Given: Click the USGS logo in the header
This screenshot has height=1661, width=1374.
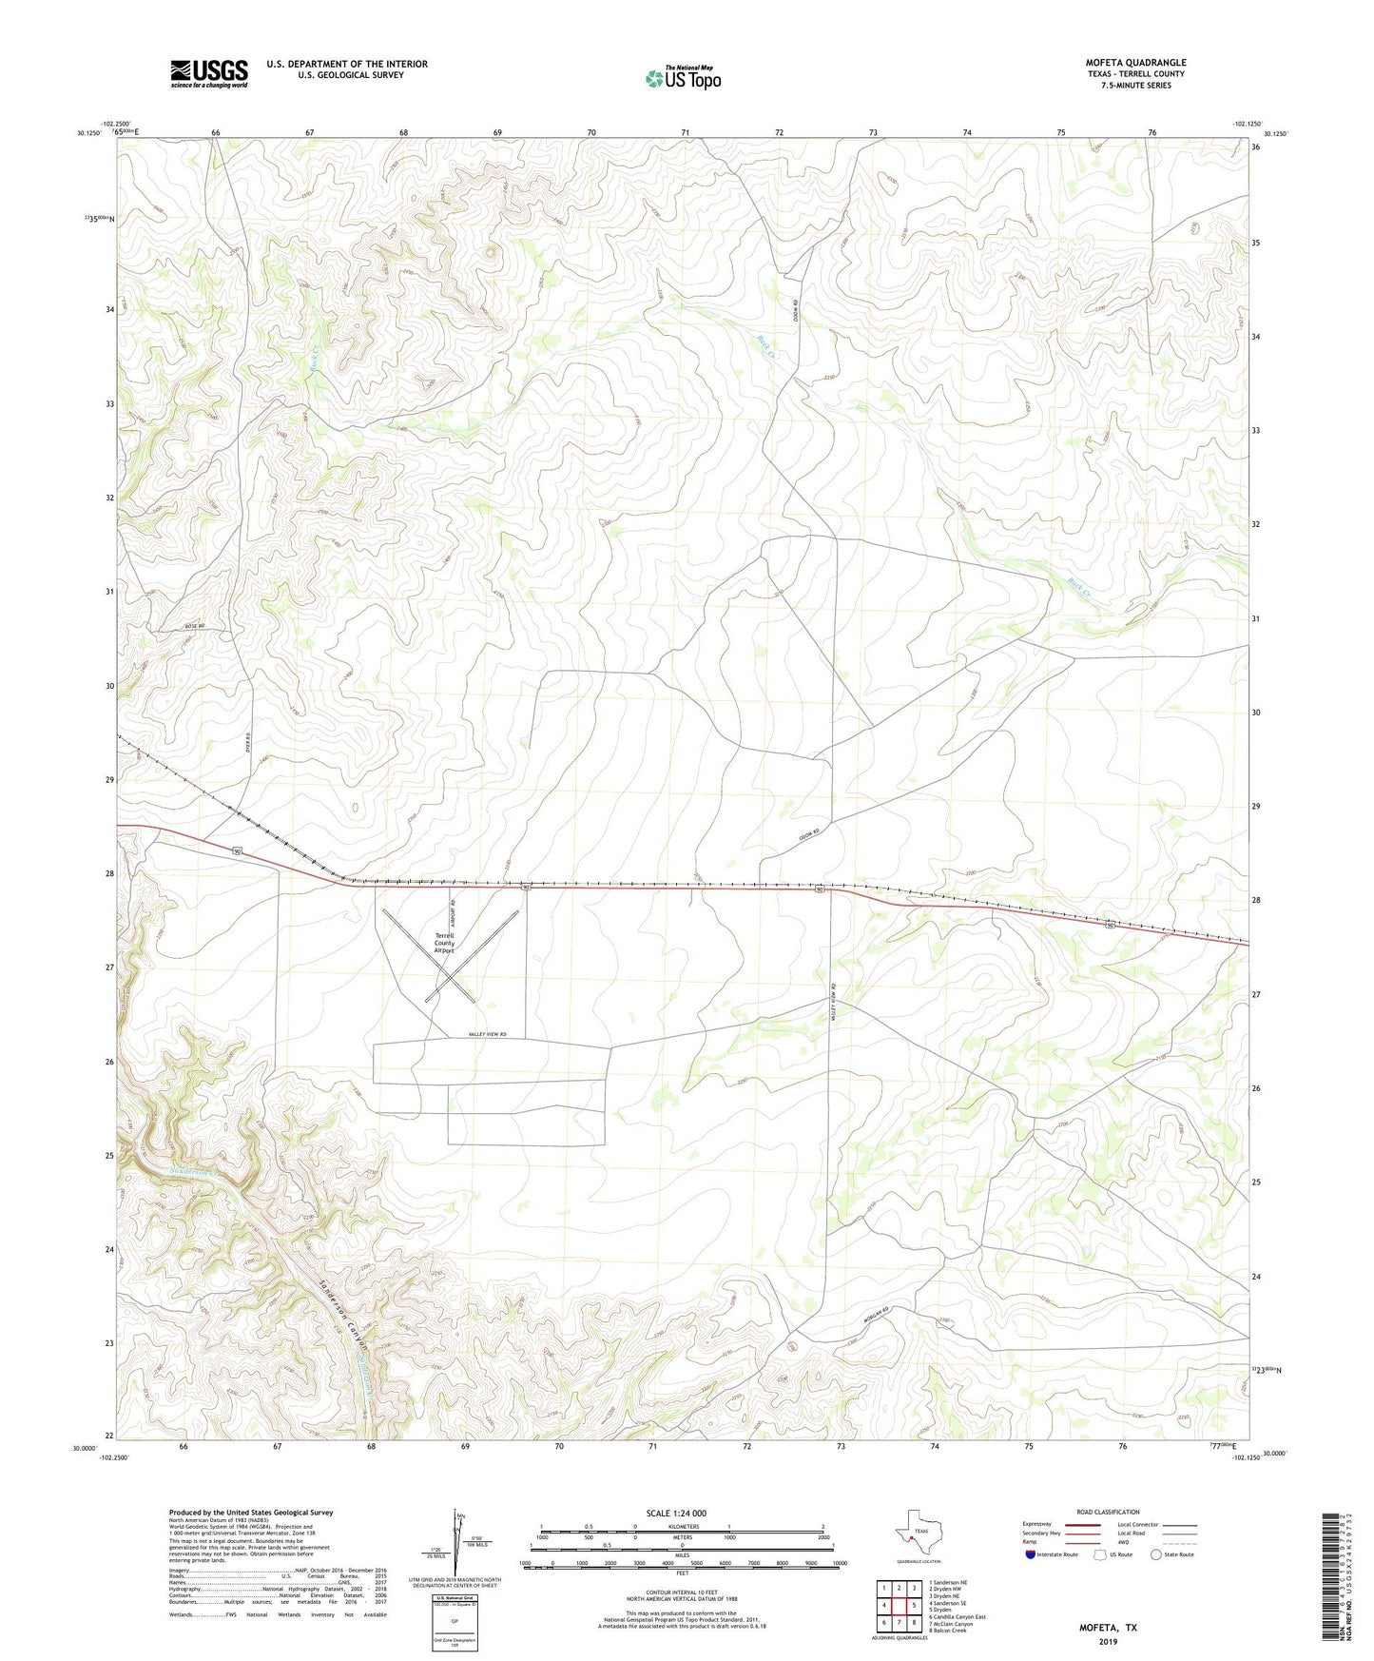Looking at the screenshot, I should click(x=208, y=73).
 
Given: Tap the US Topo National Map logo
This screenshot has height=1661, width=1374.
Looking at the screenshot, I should click(x=682, y=77).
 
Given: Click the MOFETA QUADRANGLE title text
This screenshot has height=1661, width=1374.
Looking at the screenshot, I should click(x=1135, y=63).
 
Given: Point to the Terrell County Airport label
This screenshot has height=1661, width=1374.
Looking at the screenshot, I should click(x=444, y=943).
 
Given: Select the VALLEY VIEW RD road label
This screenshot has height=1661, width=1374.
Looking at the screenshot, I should click(x=487, y=1034).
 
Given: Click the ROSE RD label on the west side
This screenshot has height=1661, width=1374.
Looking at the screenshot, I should click(x=195, y=626).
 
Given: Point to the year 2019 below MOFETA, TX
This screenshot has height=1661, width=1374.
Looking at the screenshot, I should click(x=1108, y=1641).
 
